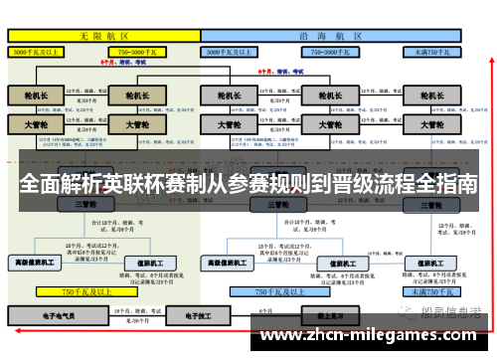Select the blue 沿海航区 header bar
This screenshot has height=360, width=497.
coord(333,35)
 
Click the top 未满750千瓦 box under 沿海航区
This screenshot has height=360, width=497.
coord(432,50)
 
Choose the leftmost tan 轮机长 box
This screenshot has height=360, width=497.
coord(35,96)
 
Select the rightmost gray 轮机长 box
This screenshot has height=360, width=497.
coord(430,96)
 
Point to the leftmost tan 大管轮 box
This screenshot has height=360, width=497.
coord(35,126)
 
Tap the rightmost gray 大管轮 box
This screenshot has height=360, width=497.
coord(430,126)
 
